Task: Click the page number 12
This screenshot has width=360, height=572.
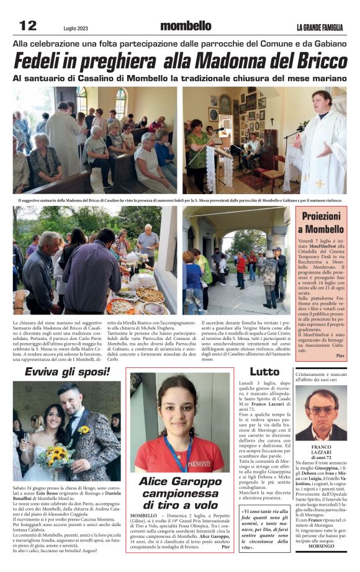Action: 28,25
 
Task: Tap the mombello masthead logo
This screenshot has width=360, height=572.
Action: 185,26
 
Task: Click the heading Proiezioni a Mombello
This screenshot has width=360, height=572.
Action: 322,222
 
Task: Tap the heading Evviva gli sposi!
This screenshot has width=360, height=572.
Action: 67,372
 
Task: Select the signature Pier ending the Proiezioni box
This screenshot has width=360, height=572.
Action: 340,355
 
